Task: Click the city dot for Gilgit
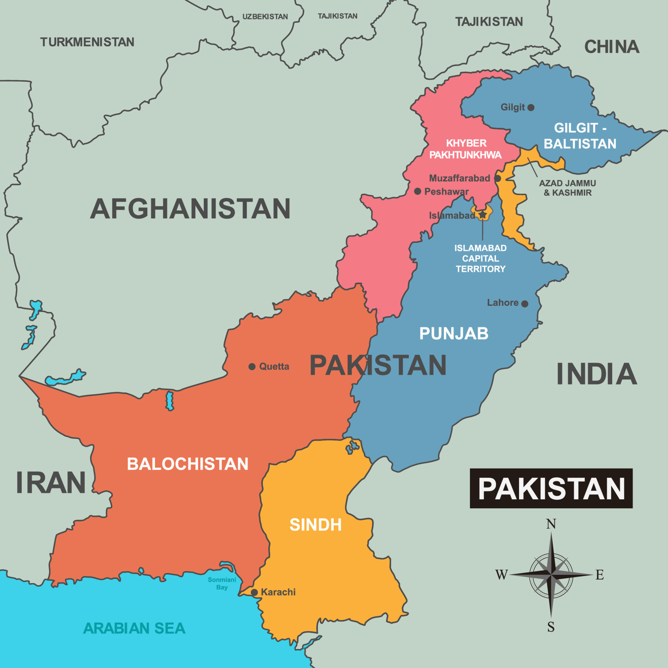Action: [531, 108]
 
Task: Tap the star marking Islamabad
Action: [483, 215]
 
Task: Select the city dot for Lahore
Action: [525, 304]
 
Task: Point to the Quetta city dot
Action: [252, 367]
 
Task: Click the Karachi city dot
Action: [254, 593]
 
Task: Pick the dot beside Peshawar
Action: [418, 191]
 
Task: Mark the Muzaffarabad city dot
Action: [498, 178]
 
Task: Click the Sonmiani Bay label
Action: [222, 583]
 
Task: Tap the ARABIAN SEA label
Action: [134, 628]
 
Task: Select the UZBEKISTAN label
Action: [265, 17]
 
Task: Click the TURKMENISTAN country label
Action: [87, 42]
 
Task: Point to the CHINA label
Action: [612, 47]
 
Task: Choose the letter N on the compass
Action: [551, 524]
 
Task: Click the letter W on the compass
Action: [502, 575]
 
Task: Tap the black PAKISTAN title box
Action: [551, 488]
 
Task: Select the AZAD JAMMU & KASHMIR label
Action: [567, 188]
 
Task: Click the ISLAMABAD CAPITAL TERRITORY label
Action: [480, 259]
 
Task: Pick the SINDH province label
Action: [316, 525]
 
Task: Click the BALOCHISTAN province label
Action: [188, 464]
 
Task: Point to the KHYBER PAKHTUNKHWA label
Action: [466, 149]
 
